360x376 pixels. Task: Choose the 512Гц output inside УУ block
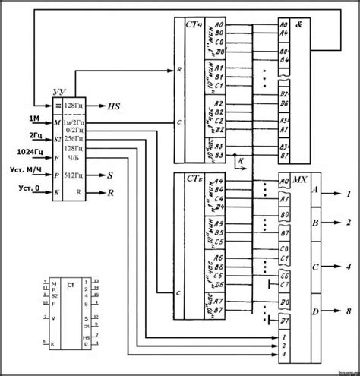coord(74,174)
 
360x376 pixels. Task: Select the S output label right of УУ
coord(111,174)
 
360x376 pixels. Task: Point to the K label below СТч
coord(239,162)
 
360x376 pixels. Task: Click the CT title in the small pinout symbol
coord(70,284)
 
